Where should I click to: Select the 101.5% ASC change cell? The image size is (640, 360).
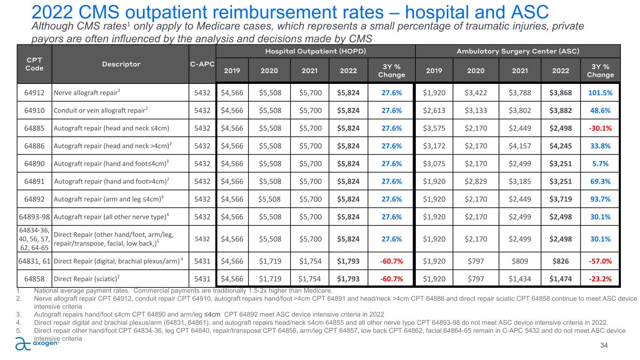tap(600, 93)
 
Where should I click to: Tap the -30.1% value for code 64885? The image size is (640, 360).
tap(600, 128)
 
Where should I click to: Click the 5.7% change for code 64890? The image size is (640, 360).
tap(600, 164)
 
